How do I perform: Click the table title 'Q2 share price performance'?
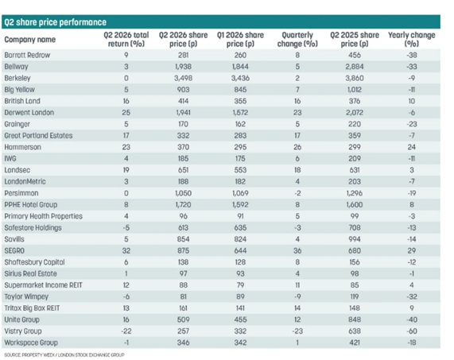click(56, 22)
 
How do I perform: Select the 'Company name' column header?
click(30, 40)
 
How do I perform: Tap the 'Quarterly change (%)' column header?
click(297, 40)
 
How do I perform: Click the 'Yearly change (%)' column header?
click(411, 40)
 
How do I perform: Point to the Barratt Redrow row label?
click(27, 55)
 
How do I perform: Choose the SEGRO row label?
click(14, 250)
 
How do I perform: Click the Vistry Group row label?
click(23, 331)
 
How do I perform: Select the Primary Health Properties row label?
click(44, 216)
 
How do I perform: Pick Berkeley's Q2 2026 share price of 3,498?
click(184, 78)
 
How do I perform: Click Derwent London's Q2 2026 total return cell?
click(126, 113)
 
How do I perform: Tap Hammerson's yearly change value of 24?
click(412, 147)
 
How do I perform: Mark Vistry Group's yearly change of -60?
click(412, 331)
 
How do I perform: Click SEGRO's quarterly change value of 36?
click(297, 250)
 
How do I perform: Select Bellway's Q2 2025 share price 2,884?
click(355, 67)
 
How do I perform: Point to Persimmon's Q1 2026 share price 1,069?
click(240, 193)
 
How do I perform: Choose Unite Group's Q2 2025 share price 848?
click(355, 319)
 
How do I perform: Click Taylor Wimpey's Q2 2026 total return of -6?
click(126, 296)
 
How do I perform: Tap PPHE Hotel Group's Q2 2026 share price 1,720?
click(184, 204)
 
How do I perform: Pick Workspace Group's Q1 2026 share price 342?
click(240, 343)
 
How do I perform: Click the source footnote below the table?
click(64, 354)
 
